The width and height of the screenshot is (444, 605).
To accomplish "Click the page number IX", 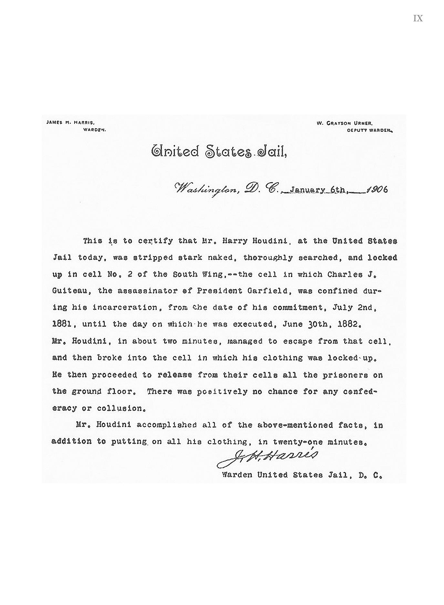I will tap(418, 18).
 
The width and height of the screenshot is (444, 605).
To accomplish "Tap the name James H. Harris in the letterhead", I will tap(70, 123).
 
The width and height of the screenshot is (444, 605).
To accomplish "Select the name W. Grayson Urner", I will tap(345, 123).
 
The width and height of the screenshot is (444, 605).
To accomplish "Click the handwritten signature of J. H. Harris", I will tap(267, 457).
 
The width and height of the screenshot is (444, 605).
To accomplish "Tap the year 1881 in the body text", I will tap(61, 324).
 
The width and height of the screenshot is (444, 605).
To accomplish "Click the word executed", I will tap(253, 324).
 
